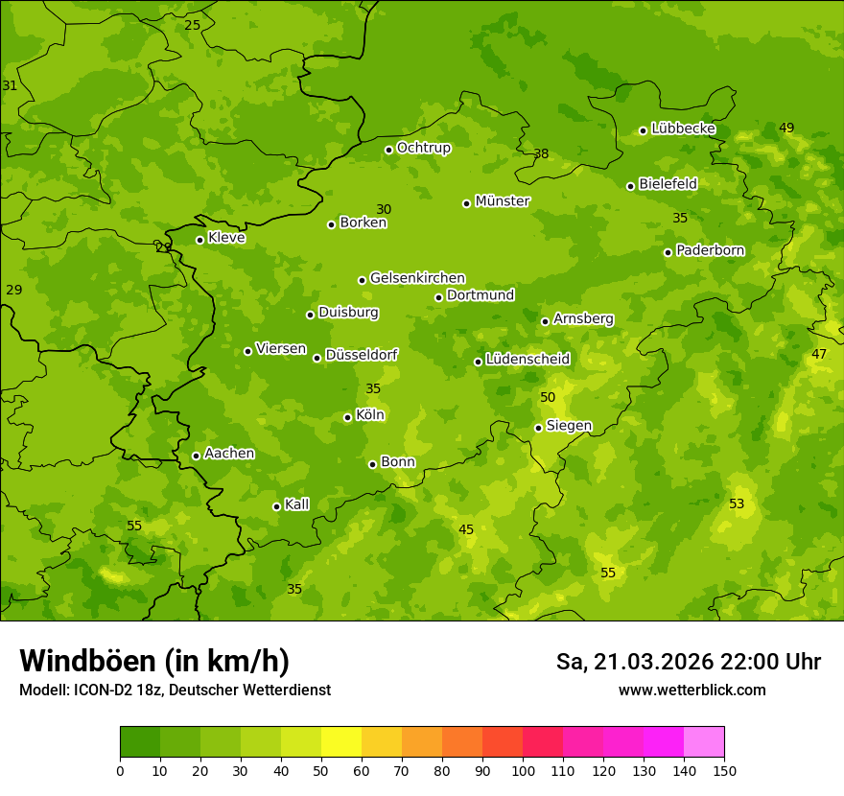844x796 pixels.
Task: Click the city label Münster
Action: coord(502,201)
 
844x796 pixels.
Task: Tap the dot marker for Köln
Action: coord(347,417)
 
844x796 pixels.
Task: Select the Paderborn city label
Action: coord(710,250)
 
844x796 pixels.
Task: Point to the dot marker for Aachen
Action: coord(196,456)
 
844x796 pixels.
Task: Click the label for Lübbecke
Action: coord(683,129)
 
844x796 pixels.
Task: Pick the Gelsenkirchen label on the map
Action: coord(417,278)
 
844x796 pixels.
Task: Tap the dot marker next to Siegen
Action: coord(538,428)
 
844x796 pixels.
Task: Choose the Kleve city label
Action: coord(226,238)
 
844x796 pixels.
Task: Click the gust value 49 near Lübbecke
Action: coord(786,128)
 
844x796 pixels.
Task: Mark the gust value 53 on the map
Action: coord(737,503)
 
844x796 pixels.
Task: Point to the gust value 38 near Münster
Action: coord(541,153)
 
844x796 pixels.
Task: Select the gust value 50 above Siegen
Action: coord(548,397)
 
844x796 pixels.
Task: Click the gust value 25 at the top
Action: coord(193,25)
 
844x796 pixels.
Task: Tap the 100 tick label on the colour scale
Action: coord(523,770)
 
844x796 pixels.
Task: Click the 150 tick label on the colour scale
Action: coord(724,770)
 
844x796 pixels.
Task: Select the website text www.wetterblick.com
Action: coord(692,690)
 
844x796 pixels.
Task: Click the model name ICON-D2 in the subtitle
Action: coord(106,690)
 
